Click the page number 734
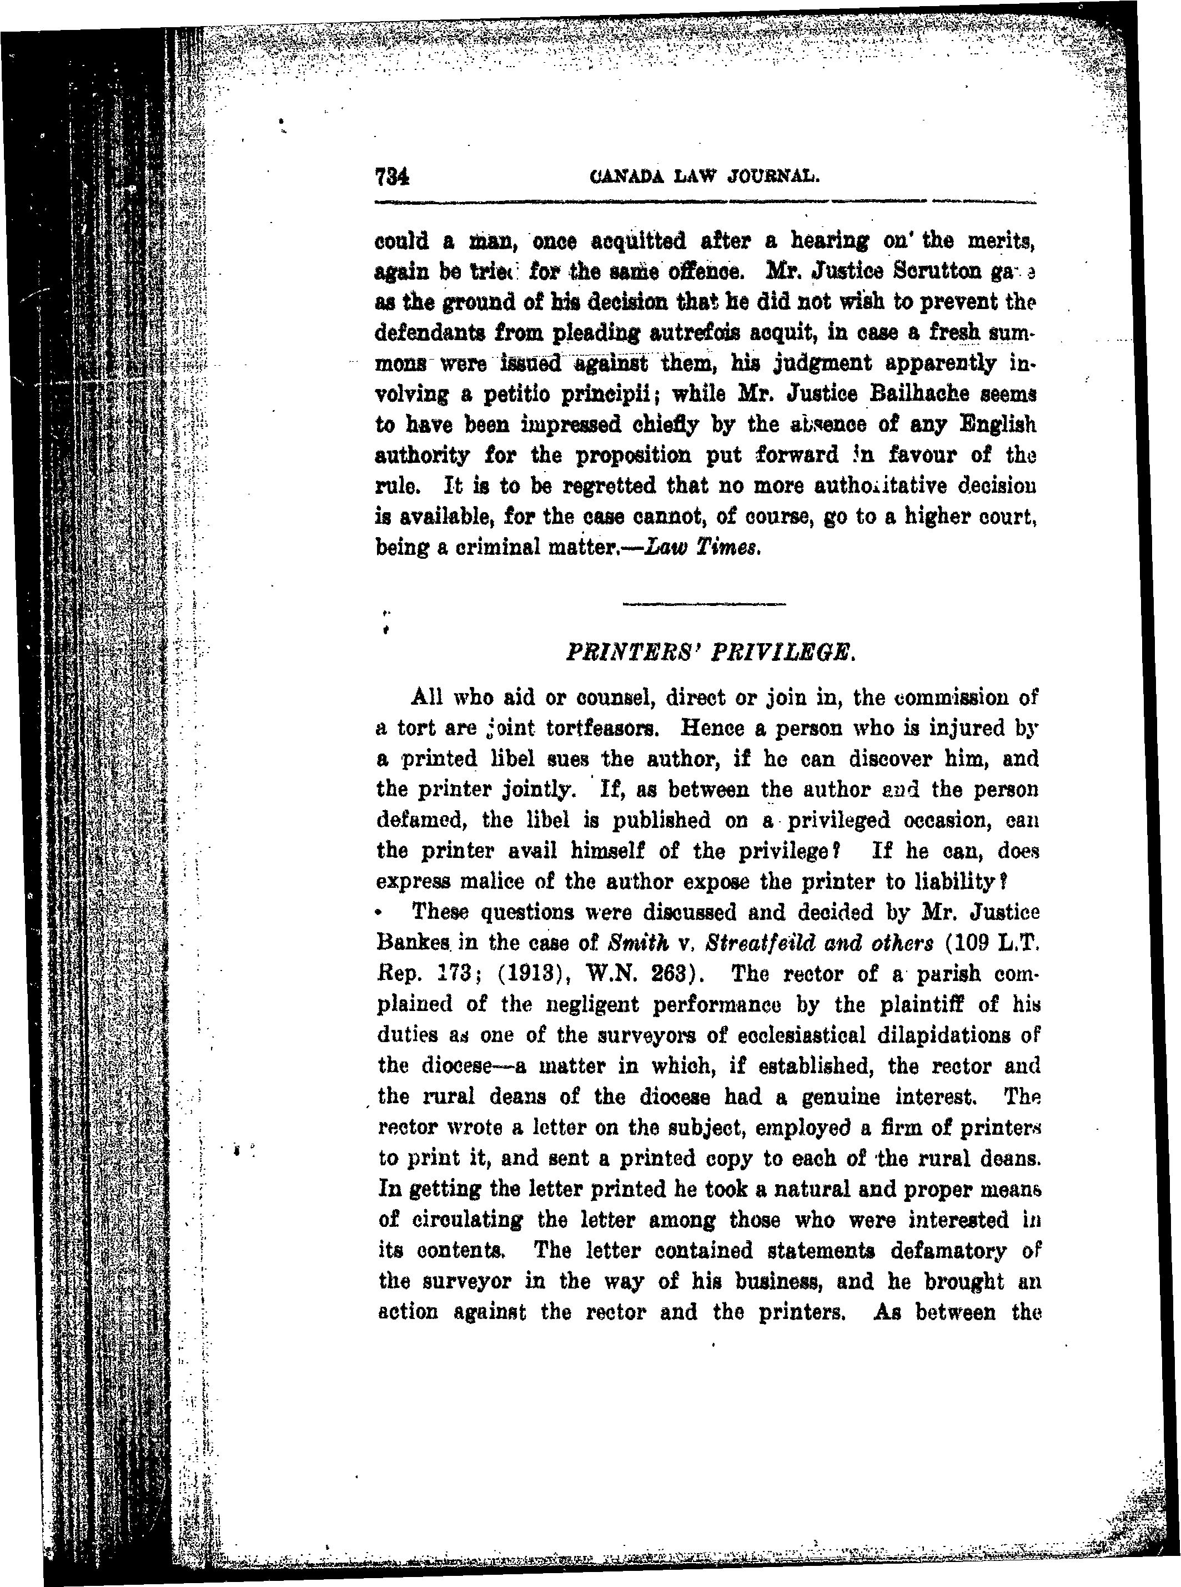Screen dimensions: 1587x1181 point(391,176)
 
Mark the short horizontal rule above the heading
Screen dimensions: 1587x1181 point(703,604)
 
